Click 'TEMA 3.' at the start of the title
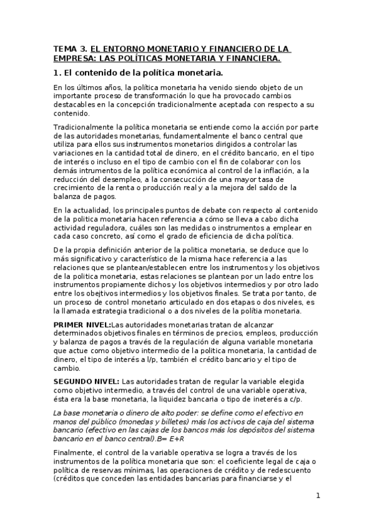(x=71, y=49)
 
